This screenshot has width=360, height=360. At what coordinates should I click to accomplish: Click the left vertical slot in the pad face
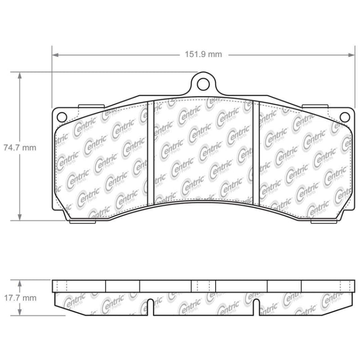click(151, 153)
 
